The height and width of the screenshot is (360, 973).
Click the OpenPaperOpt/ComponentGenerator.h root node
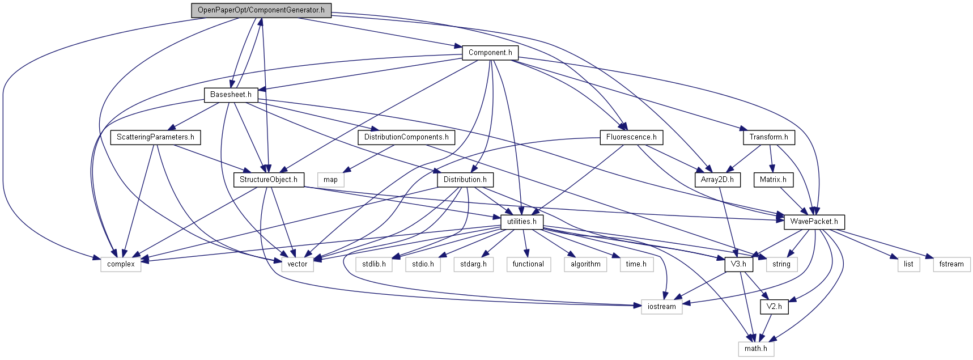pos(261,10)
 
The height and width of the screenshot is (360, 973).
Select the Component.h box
pos(490,53)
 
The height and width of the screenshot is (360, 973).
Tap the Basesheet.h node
pos(231,95)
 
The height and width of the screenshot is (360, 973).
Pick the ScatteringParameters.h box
pos(155,137)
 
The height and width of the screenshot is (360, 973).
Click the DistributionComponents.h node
pos(406,137)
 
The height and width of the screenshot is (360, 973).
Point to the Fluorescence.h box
pos(631,137)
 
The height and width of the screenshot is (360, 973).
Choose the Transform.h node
pos(768,137)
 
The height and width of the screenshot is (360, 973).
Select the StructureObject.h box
pos(268,180)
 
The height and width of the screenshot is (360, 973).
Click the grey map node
pos(330,180)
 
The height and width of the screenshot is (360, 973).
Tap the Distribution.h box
pos(465,180)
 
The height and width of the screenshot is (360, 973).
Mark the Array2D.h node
pos(717,180)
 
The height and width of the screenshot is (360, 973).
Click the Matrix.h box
pos(772,180)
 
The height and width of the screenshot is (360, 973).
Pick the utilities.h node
pos(521,222)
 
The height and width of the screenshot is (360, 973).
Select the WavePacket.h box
pos(814,222)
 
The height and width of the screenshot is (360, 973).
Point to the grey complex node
pos(121,264)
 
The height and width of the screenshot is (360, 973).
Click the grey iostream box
pos(661,307)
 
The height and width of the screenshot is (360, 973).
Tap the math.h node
pos(755,349)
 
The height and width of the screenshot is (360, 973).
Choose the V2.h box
pos(774,307)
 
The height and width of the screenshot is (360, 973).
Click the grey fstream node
pos(951,264)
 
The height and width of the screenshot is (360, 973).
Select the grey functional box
pos(528,264)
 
